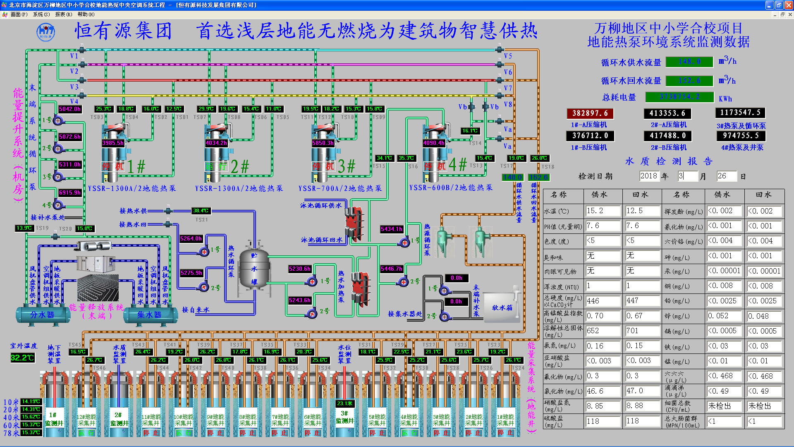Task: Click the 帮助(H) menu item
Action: [86, 14]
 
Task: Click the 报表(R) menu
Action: [63, 14]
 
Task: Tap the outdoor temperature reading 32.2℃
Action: [22, 358]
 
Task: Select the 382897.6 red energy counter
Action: [590, 113]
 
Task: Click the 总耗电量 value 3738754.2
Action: [679, 97]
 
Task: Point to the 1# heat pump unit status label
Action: [113, 166]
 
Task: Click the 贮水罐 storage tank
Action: [254, 269]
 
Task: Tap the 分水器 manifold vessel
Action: [42, 315]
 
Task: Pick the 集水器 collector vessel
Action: [149, 315]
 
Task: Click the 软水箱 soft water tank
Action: [502, 308]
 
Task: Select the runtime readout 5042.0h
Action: [70, 109]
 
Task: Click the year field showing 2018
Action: [648, 176]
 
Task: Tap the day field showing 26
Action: [726, 176]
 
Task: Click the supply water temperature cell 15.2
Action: [603, 211]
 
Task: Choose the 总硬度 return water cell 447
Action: [642, 301]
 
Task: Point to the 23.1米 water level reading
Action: [345, 403]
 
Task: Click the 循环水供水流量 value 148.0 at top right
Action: [689, 62]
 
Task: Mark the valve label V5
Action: [508, 56]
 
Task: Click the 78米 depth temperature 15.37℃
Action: [31, 433]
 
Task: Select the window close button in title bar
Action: [789, 5]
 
